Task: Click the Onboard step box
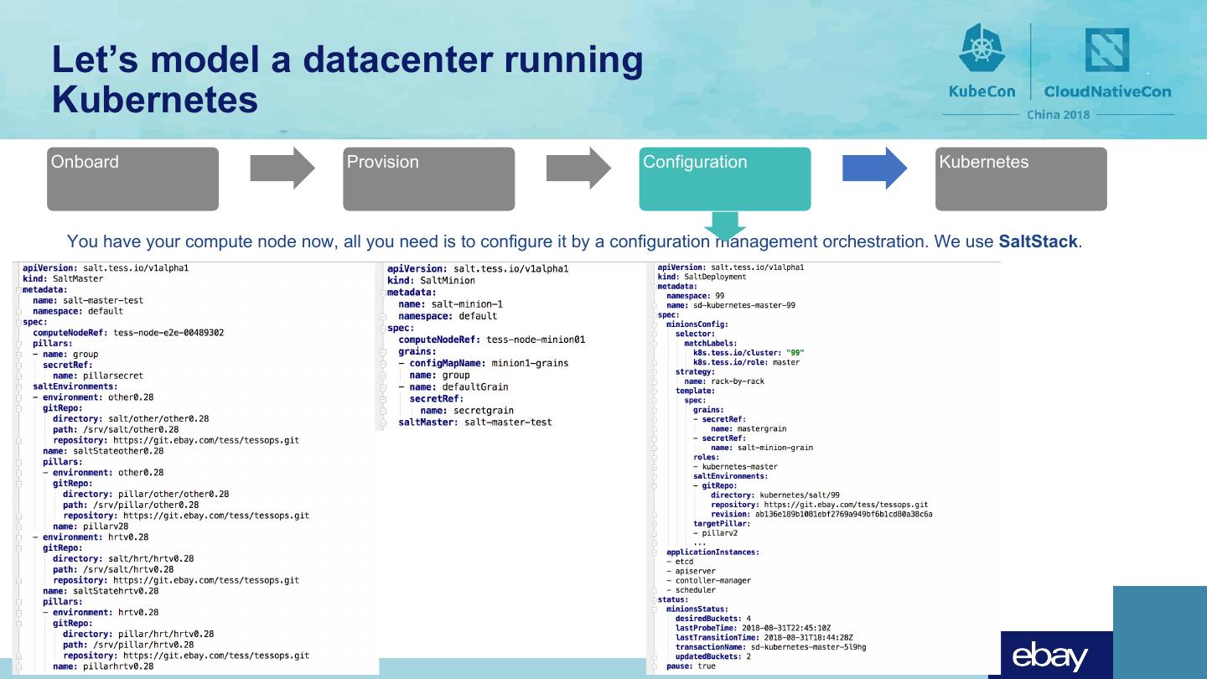pyautogui.click(x=132, y=179)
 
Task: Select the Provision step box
pyautogui.click(x=428, y=179)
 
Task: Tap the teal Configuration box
pyautogui.click(x=724, y=179)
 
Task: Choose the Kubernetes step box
pyautogui.click(x=1020, y=179)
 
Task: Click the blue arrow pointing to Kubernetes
pyautogui.click(x=874, y=168)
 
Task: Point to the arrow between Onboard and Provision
pyautogui.click(x=282, y=168)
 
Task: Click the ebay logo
pyautogui.click(x=1049, y=657)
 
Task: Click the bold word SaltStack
pyautogui.click(x=1038, y=242)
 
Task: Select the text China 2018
pyautogui.click(x=1059, y=115)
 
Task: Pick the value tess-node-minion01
pyautogui.click(x=536, y=339)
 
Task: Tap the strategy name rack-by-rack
pyautogui.click(x=735, y=381)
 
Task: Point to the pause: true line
pyautogui.click(x=692, y=666)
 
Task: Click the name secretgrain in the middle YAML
pyautogui.click(x=484, y=411)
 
